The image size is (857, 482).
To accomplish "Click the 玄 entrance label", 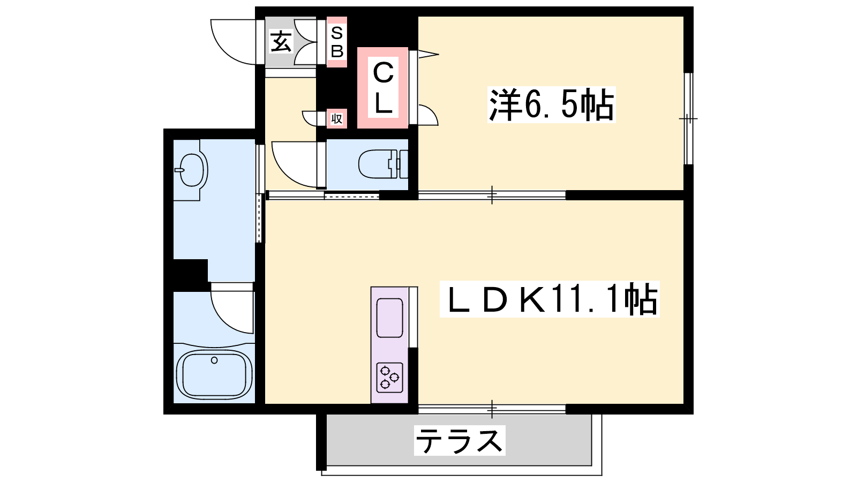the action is point(281,41).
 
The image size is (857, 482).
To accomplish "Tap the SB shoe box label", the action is point(337,42).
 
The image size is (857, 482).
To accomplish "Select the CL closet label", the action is point(383,88).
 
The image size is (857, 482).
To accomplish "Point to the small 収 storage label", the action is point(337,118).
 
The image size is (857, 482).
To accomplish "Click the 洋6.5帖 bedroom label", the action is point(551,104).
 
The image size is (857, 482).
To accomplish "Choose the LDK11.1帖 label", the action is point(550,299).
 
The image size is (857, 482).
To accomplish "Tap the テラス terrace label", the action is point(460,440).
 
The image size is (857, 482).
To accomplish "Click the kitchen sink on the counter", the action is point(389,318).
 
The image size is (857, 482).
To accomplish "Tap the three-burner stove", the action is point(389,378).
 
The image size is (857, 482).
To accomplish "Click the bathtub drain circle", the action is point(214,360).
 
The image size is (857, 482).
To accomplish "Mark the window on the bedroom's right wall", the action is point(689,118).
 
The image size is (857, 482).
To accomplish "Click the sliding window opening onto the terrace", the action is point(492,409).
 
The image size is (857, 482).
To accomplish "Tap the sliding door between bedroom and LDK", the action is point(492,195).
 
